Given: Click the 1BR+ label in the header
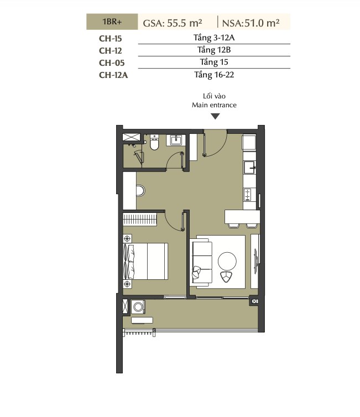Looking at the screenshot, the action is [x=112, y=22].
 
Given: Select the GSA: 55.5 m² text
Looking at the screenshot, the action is [x=173, y=23].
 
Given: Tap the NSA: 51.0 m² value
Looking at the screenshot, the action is [x=251, y=23].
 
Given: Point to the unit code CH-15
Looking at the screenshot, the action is [x=111, y=39].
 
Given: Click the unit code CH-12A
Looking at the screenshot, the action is [x=113, y=75].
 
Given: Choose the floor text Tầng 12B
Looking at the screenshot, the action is [x=214, y=50].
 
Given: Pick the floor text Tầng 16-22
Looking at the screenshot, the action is [x=214, y=75].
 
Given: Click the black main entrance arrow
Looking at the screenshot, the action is [x=215, y=116].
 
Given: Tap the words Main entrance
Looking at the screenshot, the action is [x=214, y=105].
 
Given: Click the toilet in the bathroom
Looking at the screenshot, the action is [x=154, y=143].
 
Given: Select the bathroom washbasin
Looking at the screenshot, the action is [x=176, y=140].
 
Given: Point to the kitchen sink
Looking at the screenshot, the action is [x=249, y=167].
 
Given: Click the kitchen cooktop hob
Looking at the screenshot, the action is [x=248, y=195].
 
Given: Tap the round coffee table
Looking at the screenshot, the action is [x=227, y=261].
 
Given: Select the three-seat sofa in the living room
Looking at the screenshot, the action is [x=202, y=262].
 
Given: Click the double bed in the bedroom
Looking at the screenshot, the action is [x=145, y=261].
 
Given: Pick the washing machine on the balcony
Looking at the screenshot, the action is [x=138, y=307].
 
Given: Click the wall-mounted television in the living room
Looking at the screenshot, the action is [x=256, y=261].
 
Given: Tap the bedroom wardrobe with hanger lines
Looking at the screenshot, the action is [x=139, y=220].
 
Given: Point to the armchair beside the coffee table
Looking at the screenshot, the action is [x=226, y=277].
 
